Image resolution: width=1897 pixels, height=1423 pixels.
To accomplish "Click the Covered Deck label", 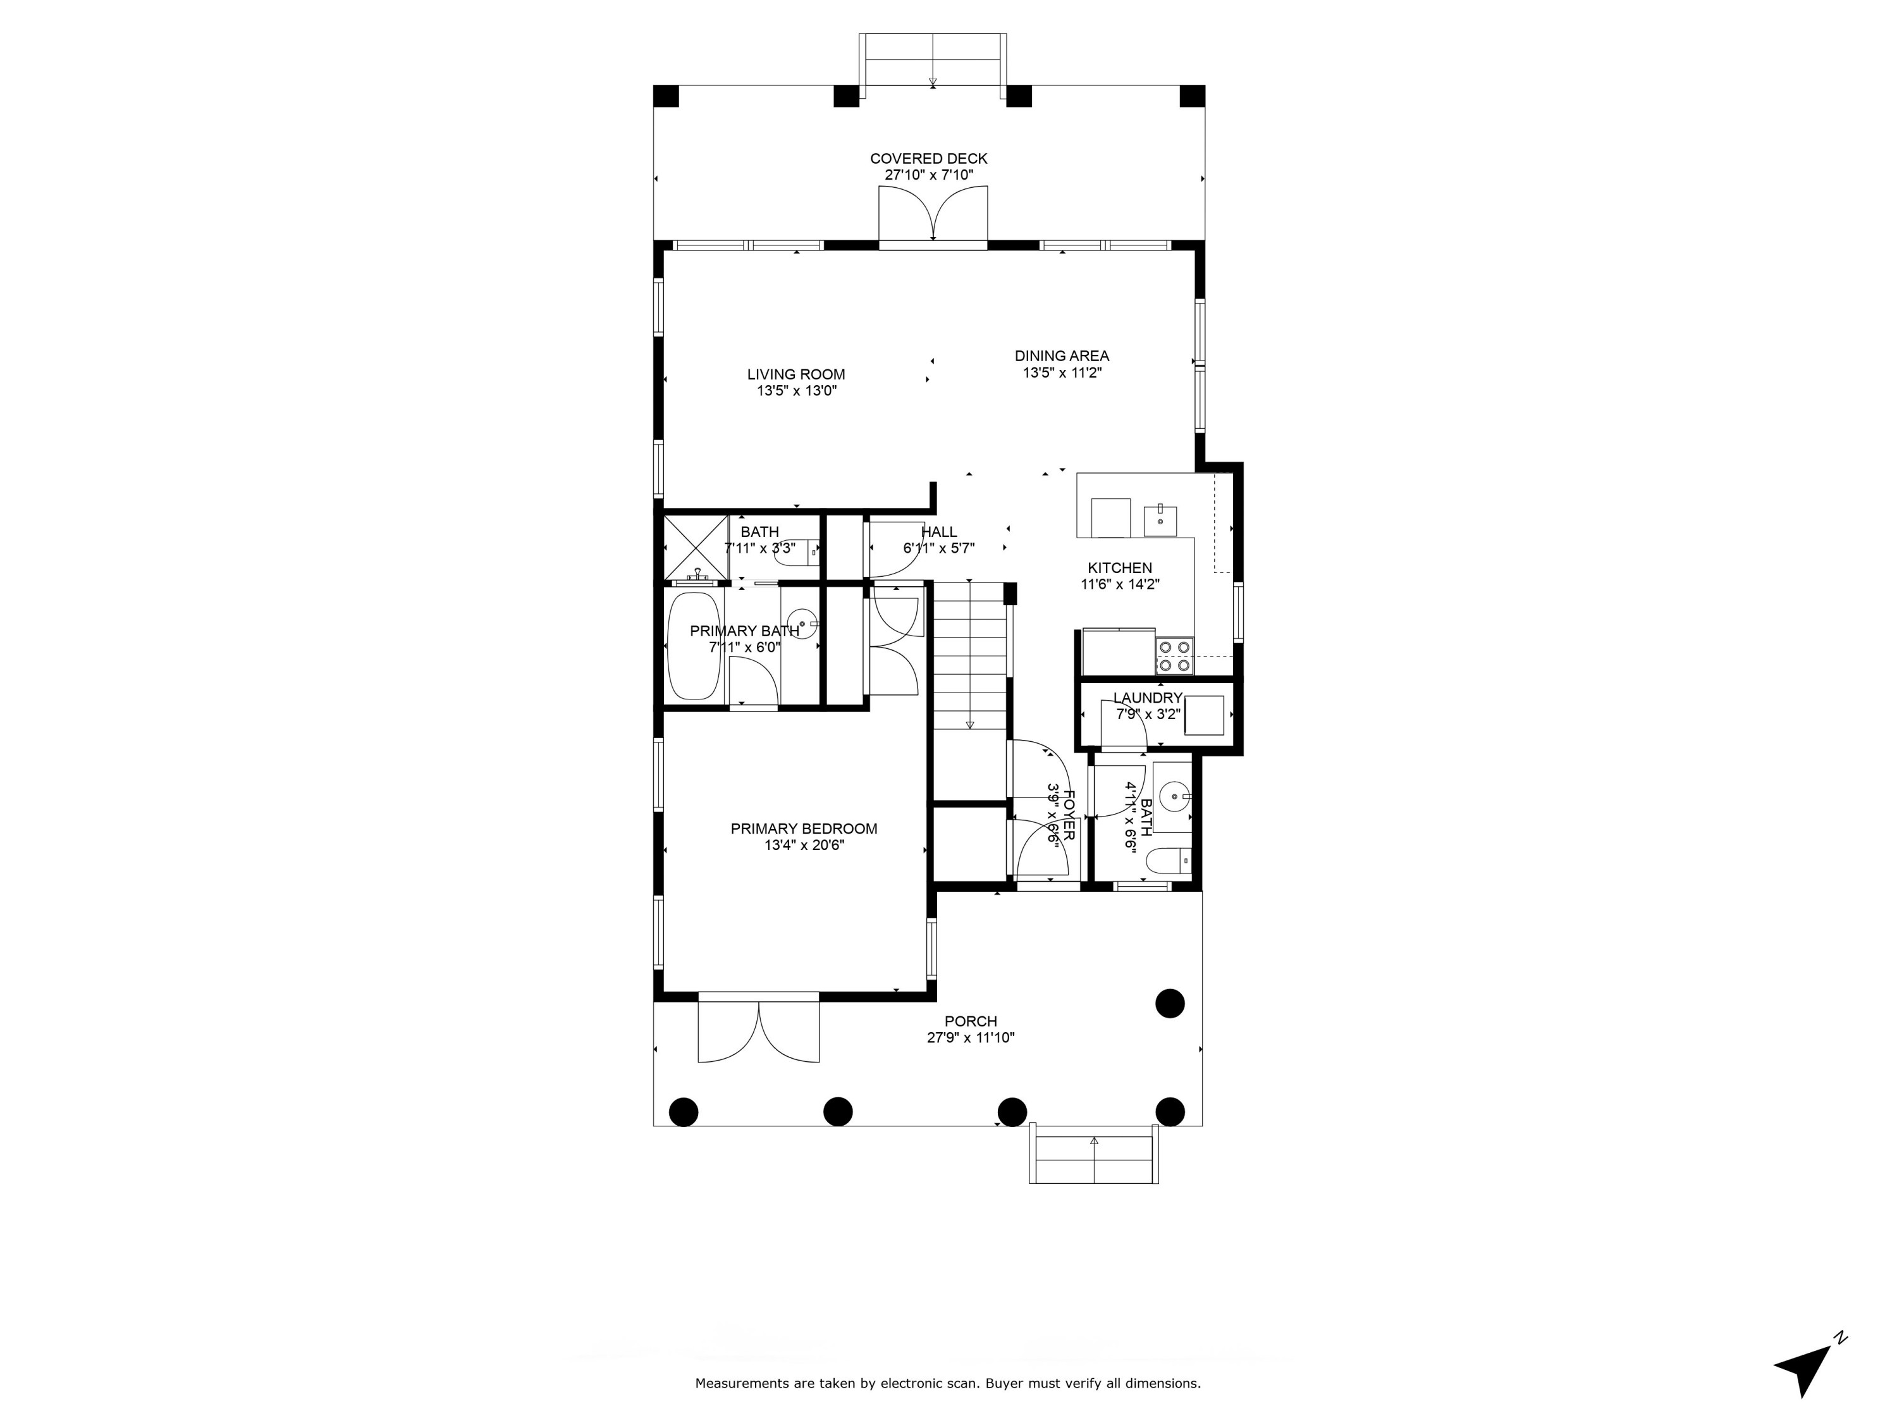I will click(x=929, y=159).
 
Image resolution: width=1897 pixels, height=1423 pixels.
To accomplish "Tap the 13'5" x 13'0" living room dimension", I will click(x=796, y=391).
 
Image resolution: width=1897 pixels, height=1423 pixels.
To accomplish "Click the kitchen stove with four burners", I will click(x=1174, y=655).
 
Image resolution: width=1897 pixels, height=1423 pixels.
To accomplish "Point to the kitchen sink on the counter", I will click(x=1160, y=520).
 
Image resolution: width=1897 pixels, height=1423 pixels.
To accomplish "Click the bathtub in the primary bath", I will click(x=694, y=645).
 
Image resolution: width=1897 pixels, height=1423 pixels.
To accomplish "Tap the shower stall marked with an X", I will click(x=696, y=546).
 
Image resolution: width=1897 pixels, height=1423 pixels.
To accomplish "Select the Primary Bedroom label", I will click(x=804, y=829).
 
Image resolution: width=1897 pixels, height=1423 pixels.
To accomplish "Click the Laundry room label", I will click(x=1148, y=698).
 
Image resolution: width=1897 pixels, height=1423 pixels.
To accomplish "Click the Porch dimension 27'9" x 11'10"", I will click(x=971, y=1038).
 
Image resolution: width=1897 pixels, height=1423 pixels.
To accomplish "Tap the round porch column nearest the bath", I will click(x=1170, y=1002).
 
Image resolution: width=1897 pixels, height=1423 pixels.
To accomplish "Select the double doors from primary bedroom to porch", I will click(x=759, y=1033).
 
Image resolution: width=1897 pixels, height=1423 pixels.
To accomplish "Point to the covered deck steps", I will click(x=932, y=60).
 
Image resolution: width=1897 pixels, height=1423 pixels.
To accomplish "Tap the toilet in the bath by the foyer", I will click(x=1170, y=859).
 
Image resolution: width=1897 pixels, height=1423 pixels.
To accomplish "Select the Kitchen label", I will click(x=1119, y=568).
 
